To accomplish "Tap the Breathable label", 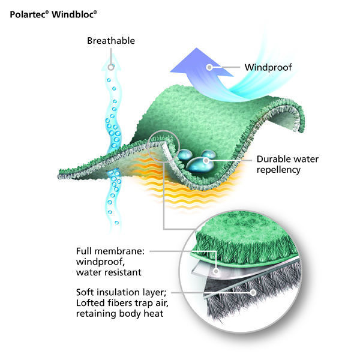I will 111,41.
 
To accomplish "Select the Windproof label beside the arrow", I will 267,67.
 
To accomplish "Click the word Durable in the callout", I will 274,160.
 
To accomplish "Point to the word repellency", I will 278,170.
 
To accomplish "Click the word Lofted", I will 91,302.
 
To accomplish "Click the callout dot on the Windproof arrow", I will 209,67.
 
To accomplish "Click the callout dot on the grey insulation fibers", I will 253,293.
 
